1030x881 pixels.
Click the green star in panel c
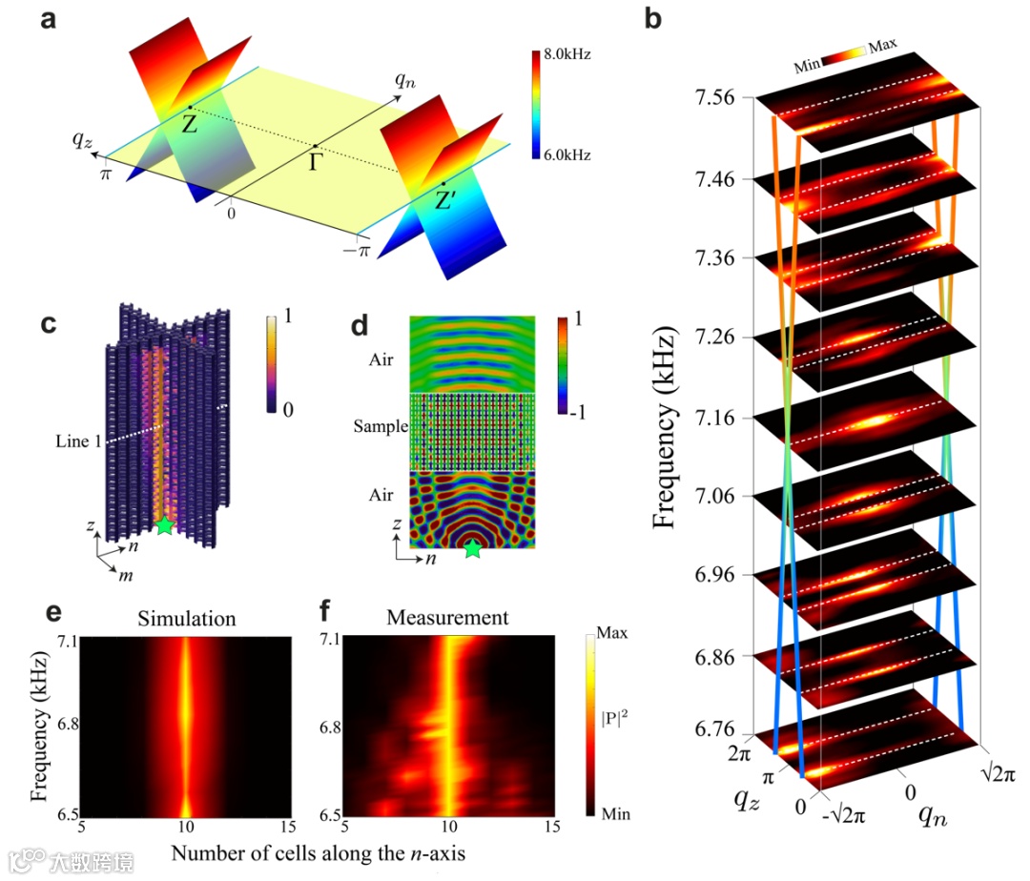(x=165, y=524)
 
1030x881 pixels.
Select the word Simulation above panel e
(x=186, y=619)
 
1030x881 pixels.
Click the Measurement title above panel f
(x=447, y=619)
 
